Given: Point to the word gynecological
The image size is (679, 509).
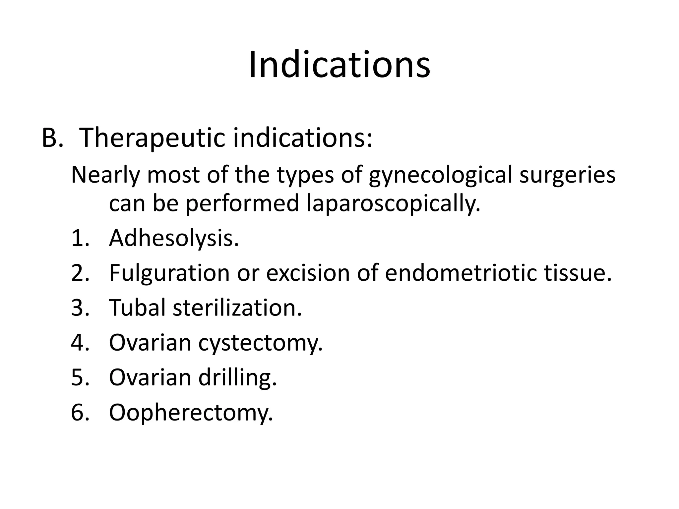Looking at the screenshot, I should tap(441, 175).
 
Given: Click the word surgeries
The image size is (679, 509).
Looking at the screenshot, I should tap(567, 175).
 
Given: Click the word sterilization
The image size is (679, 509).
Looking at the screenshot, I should tap(237, 308).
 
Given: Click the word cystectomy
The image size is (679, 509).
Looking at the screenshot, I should tap(260, 343).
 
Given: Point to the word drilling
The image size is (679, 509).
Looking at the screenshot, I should tap(237, 377).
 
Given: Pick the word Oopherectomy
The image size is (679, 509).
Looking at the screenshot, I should tap(191, 412).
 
